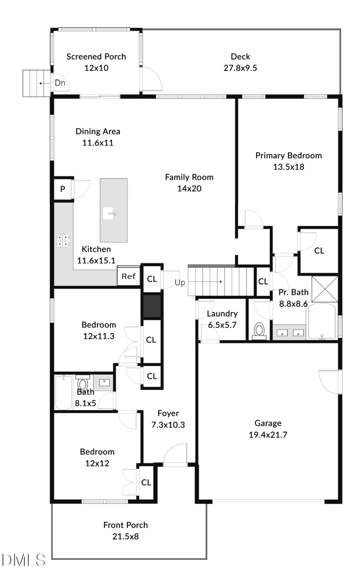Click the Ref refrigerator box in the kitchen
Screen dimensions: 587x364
(128, 277)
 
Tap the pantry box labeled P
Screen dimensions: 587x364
(63, 189)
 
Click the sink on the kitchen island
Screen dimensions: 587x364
(109, 213)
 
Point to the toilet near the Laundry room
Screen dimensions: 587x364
(258, 330)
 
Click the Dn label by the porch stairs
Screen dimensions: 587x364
(60, 83)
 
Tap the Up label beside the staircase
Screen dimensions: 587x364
(180, 282)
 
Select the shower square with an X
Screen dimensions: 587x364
(325, 288)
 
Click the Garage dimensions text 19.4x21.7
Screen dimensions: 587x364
(268, 435)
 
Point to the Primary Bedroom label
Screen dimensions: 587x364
(288, 156)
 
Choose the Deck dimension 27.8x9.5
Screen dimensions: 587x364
(240, 68)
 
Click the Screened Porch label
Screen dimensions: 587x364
(96, 57)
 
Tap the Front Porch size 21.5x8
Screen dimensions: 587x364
(125, 536)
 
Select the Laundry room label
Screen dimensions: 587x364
(222, 314)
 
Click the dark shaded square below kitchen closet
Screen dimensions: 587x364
(152, 306)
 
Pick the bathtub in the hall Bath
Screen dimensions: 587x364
(64, 393)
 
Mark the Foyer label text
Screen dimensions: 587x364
(168, 413)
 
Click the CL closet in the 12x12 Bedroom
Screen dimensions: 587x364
(146, 482)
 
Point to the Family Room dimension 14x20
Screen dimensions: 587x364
(189, 188)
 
